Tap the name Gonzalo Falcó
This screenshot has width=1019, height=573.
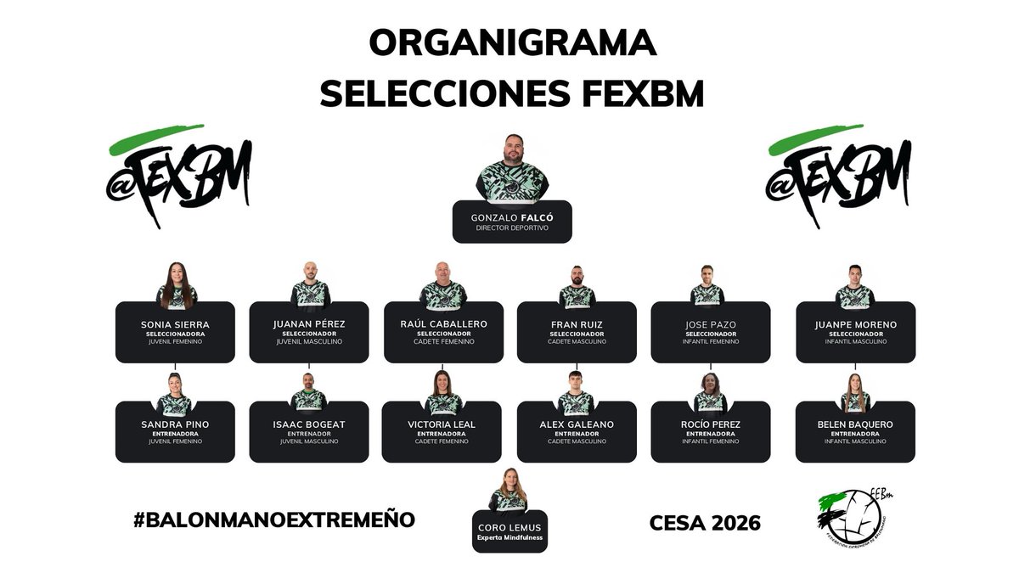point(511,218)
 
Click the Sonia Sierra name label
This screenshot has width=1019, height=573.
point(175,324)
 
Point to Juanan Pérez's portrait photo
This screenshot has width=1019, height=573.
point(310,285)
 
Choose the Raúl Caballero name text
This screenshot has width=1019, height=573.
point(443,324)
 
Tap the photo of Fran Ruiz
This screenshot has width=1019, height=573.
point(577,287)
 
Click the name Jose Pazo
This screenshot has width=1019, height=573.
point(711,324)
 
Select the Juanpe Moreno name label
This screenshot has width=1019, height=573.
point(855,324)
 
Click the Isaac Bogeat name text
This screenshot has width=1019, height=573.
point(309,424)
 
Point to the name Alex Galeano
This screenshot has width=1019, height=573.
point(577,424)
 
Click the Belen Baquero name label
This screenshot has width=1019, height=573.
point(855,424)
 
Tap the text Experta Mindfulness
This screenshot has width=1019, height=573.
point(510,538)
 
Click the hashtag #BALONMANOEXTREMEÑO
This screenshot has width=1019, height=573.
point(274,520)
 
